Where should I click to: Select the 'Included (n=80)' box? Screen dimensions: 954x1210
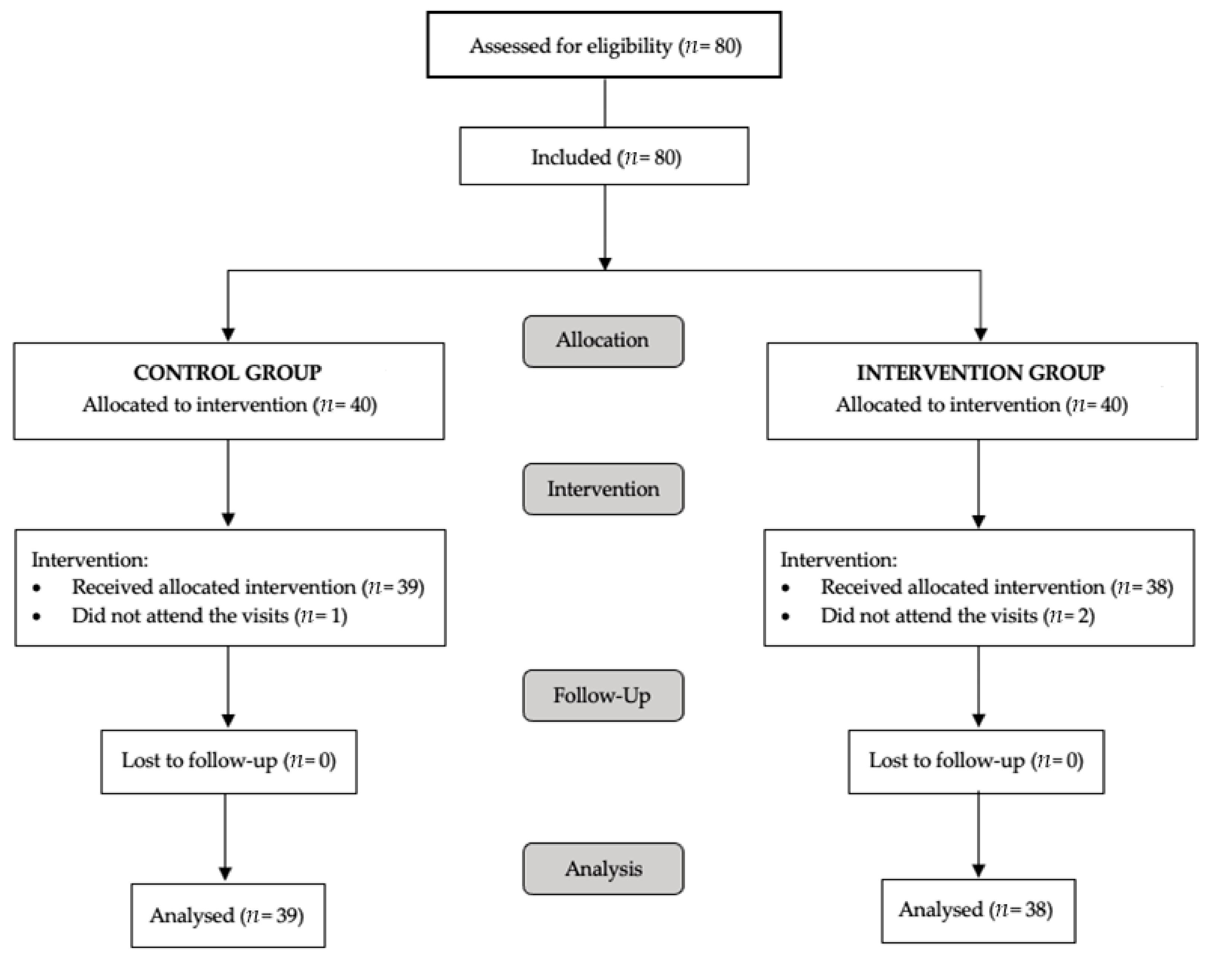(x=604, y=156)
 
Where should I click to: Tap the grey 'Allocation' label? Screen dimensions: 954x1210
(x=603, y=341)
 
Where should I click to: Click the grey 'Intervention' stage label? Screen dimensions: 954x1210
(x=603, y=489)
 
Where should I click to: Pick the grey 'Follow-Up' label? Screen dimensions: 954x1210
(x=603, y=695)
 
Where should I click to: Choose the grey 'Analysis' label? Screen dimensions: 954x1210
(x=603, y=868)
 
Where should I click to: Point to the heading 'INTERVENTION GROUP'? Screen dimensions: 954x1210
(x=980, y=372)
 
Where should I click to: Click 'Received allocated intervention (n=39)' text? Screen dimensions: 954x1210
(x=247, y=587)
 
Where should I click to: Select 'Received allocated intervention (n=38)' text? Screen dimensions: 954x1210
(x=996, y=587)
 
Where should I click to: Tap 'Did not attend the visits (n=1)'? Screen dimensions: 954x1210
(x=209, y=615)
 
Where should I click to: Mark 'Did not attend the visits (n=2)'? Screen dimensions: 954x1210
(x=957, y=615)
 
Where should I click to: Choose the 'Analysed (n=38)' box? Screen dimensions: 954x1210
(x=977, y=910)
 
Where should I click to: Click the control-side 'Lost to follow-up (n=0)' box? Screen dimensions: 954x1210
(x=228, y=761)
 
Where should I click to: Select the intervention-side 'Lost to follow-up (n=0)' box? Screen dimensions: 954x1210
(x=976, y=761)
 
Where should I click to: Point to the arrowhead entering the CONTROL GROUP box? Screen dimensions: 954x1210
(x=228, y=334)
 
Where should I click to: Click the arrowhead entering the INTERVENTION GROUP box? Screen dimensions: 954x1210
(x=980, y=334)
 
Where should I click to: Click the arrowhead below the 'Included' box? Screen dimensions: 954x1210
(x=605, y=263)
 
